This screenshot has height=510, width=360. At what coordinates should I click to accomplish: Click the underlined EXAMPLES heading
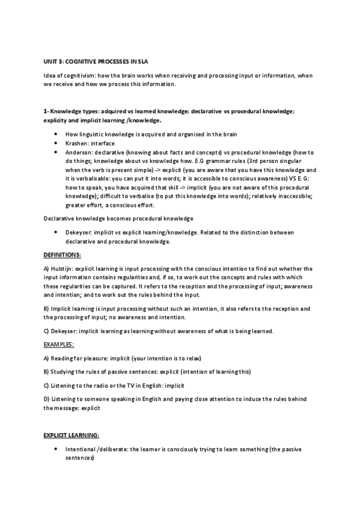(59, 343)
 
